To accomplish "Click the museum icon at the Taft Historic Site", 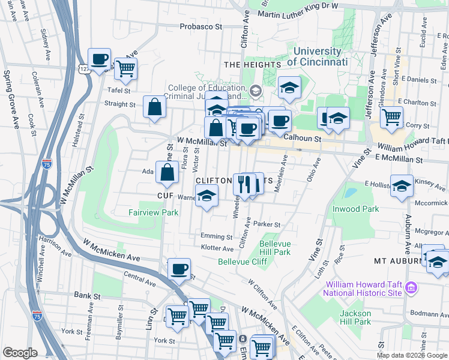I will tap(411, 288).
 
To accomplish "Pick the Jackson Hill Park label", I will tap(355, 317).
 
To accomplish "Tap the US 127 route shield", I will tap(83, 69).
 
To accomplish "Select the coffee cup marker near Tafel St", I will tap(99, 59).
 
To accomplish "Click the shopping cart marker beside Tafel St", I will tap(125, 68).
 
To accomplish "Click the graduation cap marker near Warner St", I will tap(206, 196).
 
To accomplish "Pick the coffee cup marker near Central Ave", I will tap(178, 269).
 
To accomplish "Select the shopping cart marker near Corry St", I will tap(392, 117).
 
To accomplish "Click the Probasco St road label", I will tap(201, 27).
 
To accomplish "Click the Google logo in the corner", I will tap(20, 353).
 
